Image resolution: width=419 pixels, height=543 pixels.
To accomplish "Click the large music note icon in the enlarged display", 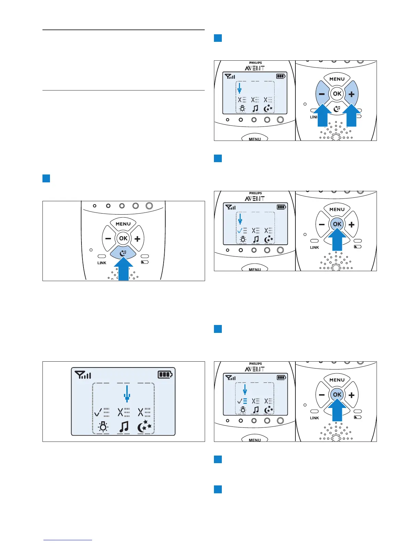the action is pyautogui.click(x=124, y=427).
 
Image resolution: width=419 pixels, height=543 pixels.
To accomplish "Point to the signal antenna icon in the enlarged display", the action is pyautogui.click(x=83, y=375).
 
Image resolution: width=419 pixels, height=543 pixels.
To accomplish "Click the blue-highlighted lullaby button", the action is pyautogui.click(x=123, y=253).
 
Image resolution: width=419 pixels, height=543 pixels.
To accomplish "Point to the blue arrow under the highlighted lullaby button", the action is pyautogui.click(x=123, y=269).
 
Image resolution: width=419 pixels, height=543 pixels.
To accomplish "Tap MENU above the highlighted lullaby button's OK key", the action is pyautogui.click(x=123, y=224).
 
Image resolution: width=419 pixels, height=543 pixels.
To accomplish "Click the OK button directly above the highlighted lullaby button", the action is pyautogui.click(x=123, y=238).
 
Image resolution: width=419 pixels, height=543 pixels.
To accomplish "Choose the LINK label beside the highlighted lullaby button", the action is pyautogui.click(x=102, y=263).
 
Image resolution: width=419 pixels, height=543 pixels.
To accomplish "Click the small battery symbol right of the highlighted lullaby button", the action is pyautogui.click(x=145, y=263).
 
